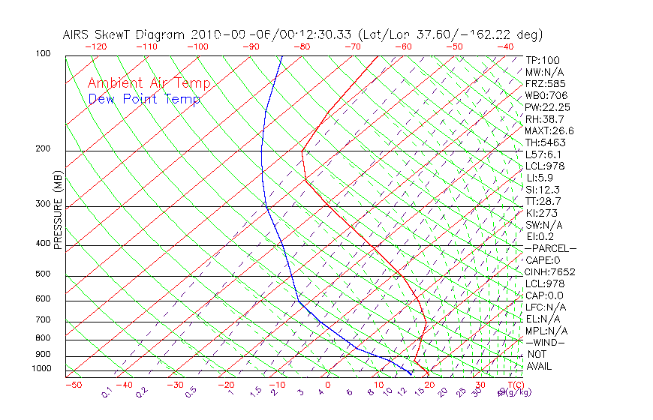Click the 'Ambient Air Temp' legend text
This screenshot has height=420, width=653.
coord(149,84)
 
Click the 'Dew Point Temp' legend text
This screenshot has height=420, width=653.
coord(143,100)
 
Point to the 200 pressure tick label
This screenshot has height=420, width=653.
coord(43,148)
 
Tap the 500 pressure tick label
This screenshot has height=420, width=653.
coord(43,274)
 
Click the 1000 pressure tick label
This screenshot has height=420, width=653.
coord(41,369)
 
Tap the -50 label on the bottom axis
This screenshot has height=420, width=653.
coord(73,385)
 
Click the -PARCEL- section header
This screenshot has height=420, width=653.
coord(550,248)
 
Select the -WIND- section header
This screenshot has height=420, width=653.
coord(546,343)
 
